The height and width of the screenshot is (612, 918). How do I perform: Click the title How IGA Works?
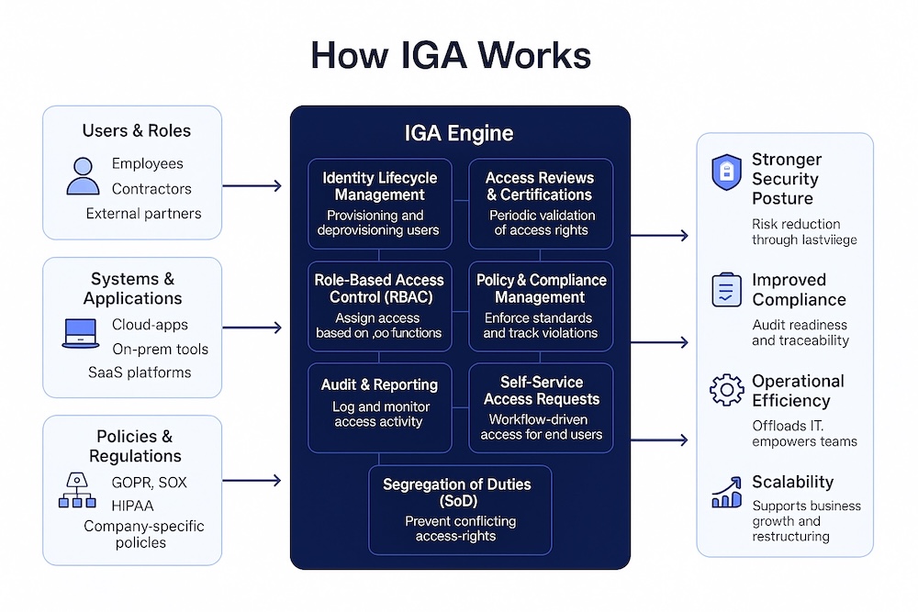pos(450,55)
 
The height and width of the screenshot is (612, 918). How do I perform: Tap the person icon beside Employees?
pos(83,176)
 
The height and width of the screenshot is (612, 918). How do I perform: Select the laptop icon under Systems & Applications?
pos(81,333)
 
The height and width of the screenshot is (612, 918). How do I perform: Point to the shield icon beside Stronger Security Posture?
pos(726,172)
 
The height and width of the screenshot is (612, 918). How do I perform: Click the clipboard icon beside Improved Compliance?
pos(726,290)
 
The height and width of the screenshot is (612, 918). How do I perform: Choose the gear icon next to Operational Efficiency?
pos(726,390)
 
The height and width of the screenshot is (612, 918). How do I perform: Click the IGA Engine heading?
pos(459,133)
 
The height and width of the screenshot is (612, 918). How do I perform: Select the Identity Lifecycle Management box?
pos(379,204)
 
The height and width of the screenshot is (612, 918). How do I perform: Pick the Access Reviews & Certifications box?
pos(540,204)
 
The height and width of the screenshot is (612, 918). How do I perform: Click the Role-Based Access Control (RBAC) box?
pos(379,306)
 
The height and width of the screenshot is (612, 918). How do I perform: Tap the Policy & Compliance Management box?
pos(541,306)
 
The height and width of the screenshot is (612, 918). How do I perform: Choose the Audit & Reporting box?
pos(379,406)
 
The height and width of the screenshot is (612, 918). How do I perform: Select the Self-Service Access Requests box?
pos(541,406)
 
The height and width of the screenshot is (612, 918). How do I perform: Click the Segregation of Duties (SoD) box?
pos(461,509)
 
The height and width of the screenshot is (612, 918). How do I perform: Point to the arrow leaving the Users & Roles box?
pos(252,186)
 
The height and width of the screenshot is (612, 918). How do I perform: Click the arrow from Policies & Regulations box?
pos(252,480)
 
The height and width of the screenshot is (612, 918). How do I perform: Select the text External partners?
pos(143,214)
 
